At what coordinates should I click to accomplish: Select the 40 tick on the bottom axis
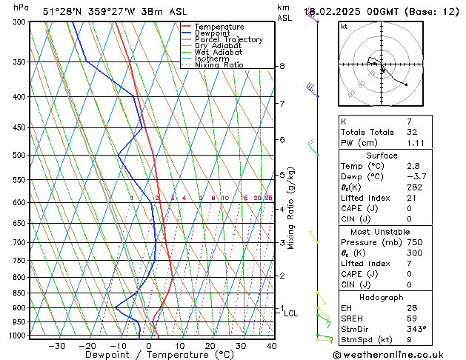[x=272, y=345]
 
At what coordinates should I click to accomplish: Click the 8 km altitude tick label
[x=282, y=66]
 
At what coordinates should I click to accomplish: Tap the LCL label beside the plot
[x=291, y=313]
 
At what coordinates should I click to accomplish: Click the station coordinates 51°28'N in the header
[x=64, y=12]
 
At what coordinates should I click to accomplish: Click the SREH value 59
[x=412, y=318]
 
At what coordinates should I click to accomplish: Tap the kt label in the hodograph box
[x=344, y=26]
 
